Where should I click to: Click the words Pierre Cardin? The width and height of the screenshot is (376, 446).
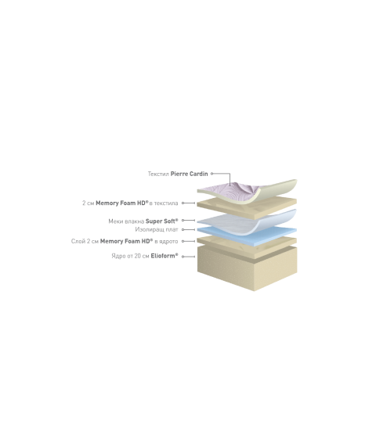click(189, 174)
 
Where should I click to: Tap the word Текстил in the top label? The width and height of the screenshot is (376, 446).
click(158, 174)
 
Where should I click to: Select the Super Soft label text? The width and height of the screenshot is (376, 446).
click(161, 221)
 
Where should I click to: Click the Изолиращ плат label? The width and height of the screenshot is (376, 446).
click(157, 229)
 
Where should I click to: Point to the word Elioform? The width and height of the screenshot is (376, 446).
click(164, 256)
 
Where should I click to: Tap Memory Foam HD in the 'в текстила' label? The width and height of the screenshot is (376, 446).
click(121, 203)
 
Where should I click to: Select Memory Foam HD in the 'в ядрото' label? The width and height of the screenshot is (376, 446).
click(126, 241)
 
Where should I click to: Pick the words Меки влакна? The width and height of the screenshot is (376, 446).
click(126, 221)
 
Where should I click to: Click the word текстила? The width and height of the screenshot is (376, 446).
click(166, 203)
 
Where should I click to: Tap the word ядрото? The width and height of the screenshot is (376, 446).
click(168, 242)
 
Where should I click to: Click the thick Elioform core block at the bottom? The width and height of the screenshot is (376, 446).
click(248, 269)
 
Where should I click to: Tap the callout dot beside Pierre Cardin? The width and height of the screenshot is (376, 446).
click(211, 174)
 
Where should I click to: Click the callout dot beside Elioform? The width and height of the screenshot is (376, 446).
click(183, 257)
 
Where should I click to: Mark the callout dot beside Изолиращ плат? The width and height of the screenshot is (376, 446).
click(183, 229)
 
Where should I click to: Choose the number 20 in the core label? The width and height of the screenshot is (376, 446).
click(138, 256)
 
